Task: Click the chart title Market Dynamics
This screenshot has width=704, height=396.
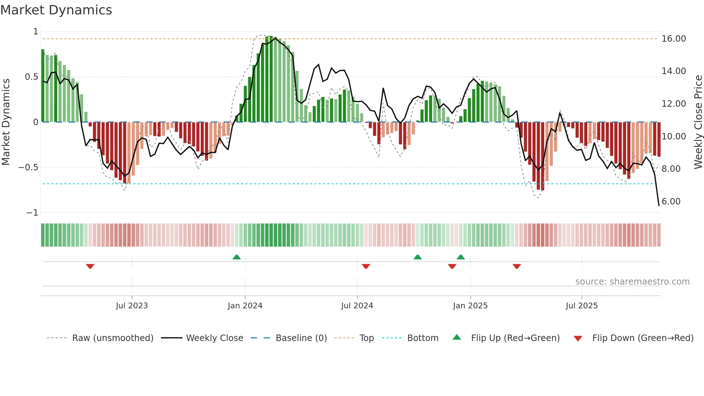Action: point(56,10)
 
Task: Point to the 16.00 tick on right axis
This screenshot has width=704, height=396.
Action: point(673,39)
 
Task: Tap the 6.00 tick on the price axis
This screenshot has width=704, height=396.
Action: point(671,202)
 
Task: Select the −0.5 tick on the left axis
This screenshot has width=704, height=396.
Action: point(28,167)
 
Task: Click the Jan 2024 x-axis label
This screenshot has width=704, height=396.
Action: point(245,306)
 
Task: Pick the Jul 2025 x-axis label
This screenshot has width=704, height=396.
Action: point(582,306)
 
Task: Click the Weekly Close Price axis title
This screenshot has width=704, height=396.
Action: point(698,122)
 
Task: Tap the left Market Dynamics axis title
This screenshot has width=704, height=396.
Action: point(6,122)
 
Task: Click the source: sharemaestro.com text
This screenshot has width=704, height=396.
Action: point(632,282)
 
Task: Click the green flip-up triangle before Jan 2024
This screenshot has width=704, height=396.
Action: point(236,257)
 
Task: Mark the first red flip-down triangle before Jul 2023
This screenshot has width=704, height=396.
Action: point(90,266)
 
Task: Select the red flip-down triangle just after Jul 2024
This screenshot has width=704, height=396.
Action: point(366,266)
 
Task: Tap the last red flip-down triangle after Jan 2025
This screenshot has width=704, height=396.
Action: point(517,266)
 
